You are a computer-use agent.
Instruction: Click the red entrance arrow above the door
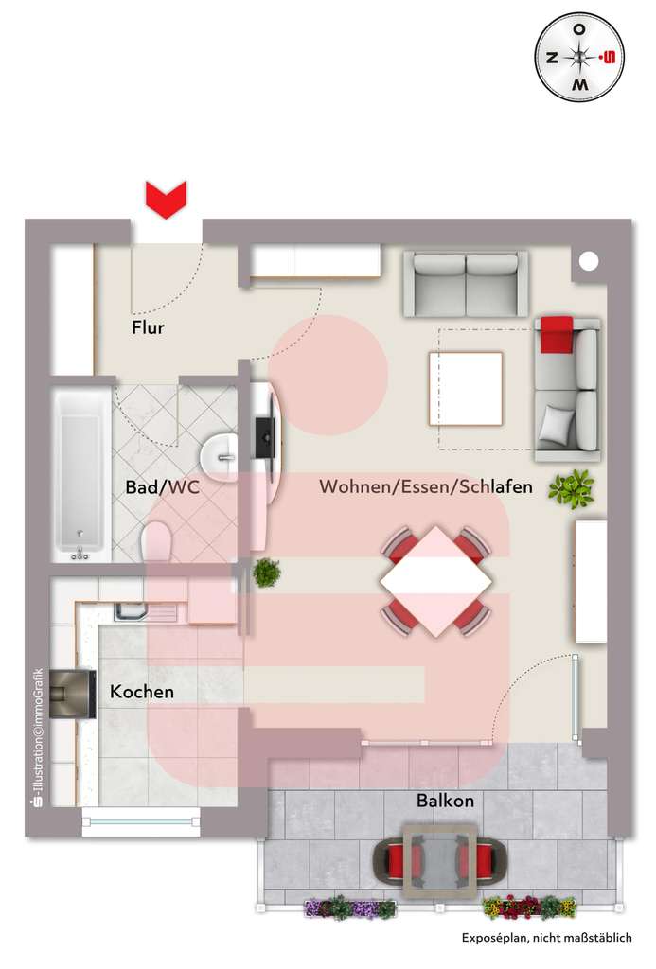pyautogui.click(x=166, y=200)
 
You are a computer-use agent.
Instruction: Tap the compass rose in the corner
pyautogui.click(x=580, y=58)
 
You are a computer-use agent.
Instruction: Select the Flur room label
pyautogui.click(x=148, y=328)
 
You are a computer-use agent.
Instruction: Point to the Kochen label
pyautogui.click(x=142, y=692)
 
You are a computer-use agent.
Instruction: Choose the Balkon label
pyautogui.click(x=445, y=801)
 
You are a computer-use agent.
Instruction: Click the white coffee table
pyautogui.click(x=465, y=388)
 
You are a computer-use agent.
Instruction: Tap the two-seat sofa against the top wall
pyautogui.click(x=466, y=283)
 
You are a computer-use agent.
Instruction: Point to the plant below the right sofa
pyautogui.click(x=571, y=489)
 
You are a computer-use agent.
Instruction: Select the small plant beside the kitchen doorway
pyautogui.click(x=266, y=572)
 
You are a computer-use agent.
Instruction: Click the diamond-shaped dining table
pyautogui.click(x=436, y=581)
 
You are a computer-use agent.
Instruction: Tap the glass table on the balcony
pyautogui.click(x=440, y=859)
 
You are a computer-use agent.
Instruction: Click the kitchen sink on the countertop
pyautogui.click(x=132, y=611)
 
